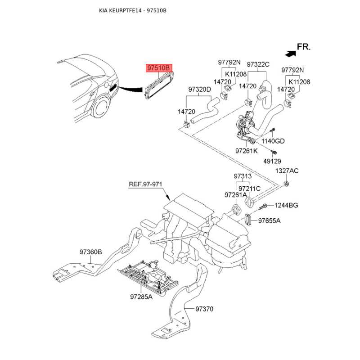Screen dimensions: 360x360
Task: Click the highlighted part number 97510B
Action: [158, 68]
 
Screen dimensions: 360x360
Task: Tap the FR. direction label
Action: [304, 46]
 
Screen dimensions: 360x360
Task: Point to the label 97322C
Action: [258, 64]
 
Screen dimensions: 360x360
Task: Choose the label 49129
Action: [272, 161]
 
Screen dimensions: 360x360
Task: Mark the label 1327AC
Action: [287, 171]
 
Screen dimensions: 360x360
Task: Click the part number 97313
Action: [243, 176]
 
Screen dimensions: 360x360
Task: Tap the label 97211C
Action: [249, 188]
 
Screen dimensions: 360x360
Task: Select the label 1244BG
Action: [287, 205]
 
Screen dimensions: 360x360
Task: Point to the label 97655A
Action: [269, 220]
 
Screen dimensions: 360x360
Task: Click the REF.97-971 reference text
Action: [145, 184]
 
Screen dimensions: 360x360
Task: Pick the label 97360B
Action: [91, 252]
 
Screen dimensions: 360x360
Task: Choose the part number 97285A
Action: [141, 297]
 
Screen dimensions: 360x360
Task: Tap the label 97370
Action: [204, 309]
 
